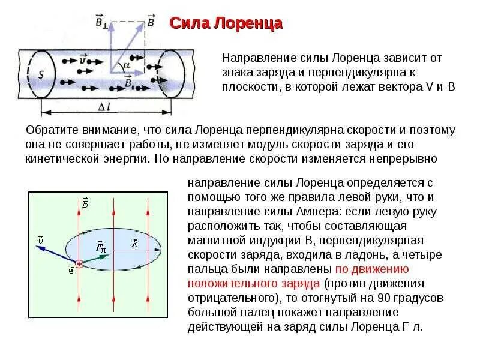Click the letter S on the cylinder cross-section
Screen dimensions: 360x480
(41, 75)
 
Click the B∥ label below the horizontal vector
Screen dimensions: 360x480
(129, 82)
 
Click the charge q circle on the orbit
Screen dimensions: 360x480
(79, 263)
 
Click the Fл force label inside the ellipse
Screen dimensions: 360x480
(101, 246)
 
